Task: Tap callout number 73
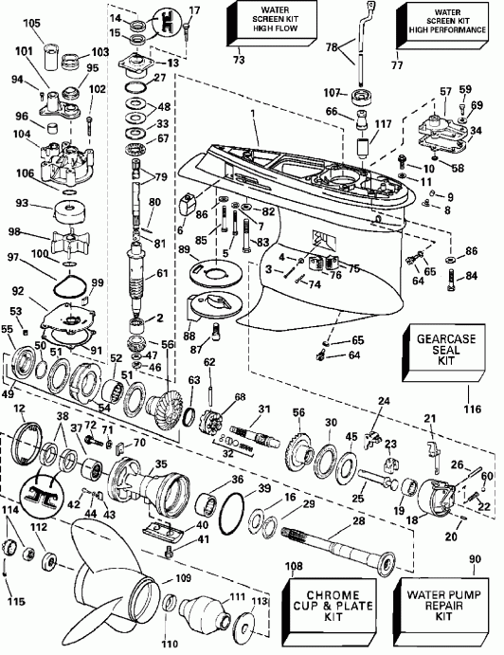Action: point(237,61)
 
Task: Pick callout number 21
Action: point(428,418)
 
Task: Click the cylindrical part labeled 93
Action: point(69,206)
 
